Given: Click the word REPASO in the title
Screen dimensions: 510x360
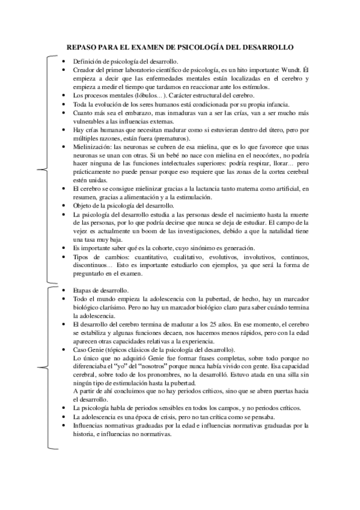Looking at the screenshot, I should [x=81, y=46].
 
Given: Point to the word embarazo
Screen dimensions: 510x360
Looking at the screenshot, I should [x=128, y=112].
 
